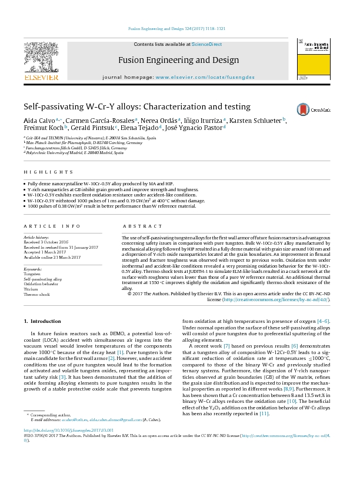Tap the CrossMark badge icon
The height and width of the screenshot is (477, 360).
[x=303, y=109]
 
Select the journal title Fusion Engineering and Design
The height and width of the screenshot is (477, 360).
[x=179, y=60]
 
